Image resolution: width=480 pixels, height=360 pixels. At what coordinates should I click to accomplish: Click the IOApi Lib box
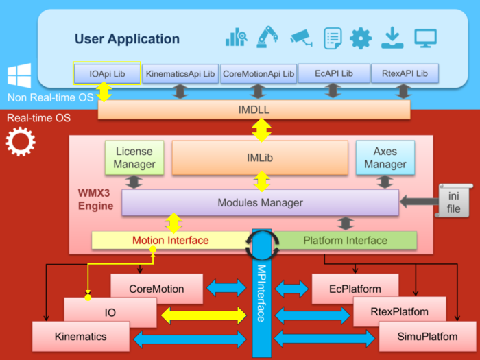click(106, 73)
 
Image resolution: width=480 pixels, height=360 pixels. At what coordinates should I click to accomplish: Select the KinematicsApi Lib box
click(181, 73)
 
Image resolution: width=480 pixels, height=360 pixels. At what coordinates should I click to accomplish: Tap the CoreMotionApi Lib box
click(259, 73)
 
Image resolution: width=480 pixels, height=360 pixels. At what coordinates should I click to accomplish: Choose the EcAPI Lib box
click(333, 73)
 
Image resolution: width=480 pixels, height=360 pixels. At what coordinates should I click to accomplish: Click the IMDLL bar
click(254, 110)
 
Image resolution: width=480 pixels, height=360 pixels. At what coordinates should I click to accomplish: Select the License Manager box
click(134, 157)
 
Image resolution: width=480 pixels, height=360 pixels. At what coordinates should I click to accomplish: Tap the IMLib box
click(260, 158)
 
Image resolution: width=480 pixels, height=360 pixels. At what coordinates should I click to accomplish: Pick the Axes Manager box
click(385, 157)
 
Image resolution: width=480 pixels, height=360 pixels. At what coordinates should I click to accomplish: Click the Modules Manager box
click(260, 203)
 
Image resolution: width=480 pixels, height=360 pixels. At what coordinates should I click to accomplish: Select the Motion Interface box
click(170, 241)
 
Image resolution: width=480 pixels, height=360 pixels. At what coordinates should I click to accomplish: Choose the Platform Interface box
click(345, 241)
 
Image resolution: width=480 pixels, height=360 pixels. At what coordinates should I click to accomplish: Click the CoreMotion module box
click(156, 289)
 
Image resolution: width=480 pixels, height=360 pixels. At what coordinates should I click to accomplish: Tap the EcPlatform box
click(356, 289)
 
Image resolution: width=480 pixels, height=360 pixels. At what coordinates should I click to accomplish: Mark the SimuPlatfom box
click(418, 336)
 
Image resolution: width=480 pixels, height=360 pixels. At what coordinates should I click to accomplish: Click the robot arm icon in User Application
click(266, 37)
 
